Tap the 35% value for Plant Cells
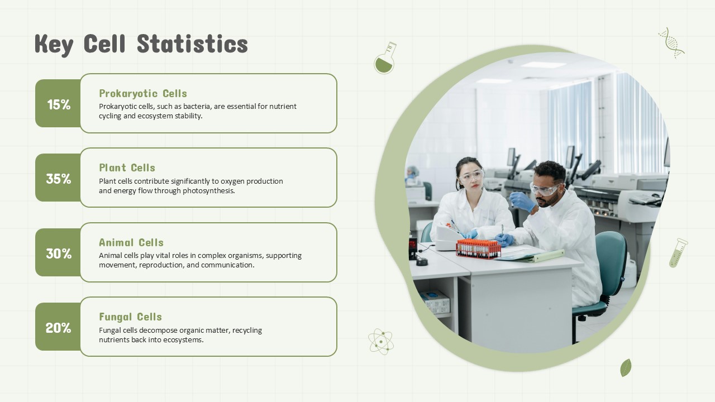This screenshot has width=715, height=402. [x=59, y=179]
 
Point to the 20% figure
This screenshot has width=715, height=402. [x=59, y=328]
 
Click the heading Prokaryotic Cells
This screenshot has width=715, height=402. [x=143, y=93]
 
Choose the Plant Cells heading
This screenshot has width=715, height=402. [x=127, y=167]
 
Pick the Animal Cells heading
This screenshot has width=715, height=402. [x=131, y=242]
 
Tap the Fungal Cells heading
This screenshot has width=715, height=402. [x=131, y=317]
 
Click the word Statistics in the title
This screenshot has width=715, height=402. [x=193, y=44]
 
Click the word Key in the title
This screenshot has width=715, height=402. [x=54, y=45]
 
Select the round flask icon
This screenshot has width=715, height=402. [x=385, y=58]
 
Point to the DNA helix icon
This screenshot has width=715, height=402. [x=671, y=43]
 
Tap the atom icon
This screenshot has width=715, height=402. [x=381, y=342]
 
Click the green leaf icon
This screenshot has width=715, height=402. [x=626, y=368]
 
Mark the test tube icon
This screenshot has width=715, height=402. [x=678, y=253]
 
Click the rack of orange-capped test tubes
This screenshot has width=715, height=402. [x=478, y=248]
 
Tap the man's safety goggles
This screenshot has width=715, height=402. [x=545, y=189]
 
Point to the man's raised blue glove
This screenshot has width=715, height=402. [x=522, y=202]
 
